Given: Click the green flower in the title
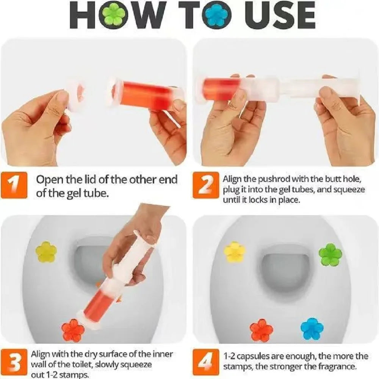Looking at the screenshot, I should tap(114, 15).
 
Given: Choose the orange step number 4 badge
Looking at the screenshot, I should tap(206, 361).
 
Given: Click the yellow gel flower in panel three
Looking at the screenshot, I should tap(46, 252).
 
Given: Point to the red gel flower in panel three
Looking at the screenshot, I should tap(73, 330).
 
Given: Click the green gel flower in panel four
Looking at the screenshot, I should tap(330, 254).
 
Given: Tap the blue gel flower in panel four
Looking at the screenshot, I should tap(312, 329).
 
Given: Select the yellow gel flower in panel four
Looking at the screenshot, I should tap(235, 252).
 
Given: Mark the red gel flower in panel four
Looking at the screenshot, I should tap(261, 330).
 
